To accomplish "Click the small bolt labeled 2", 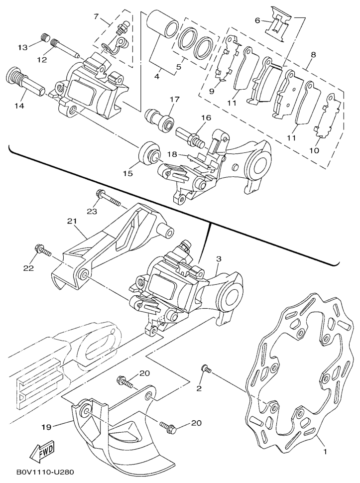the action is click(206, 368).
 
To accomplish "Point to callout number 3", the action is click(219, 259).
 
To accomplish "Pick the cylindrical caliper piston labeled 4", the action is click(162, 25).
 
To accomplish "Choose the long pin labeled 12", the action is click(65, 48).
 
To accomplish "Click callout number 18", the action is click(172, 154).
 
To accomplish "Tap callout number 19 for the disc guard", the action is click(45, 426).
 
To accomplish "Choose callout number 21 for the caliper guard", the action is click(72, 221).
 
